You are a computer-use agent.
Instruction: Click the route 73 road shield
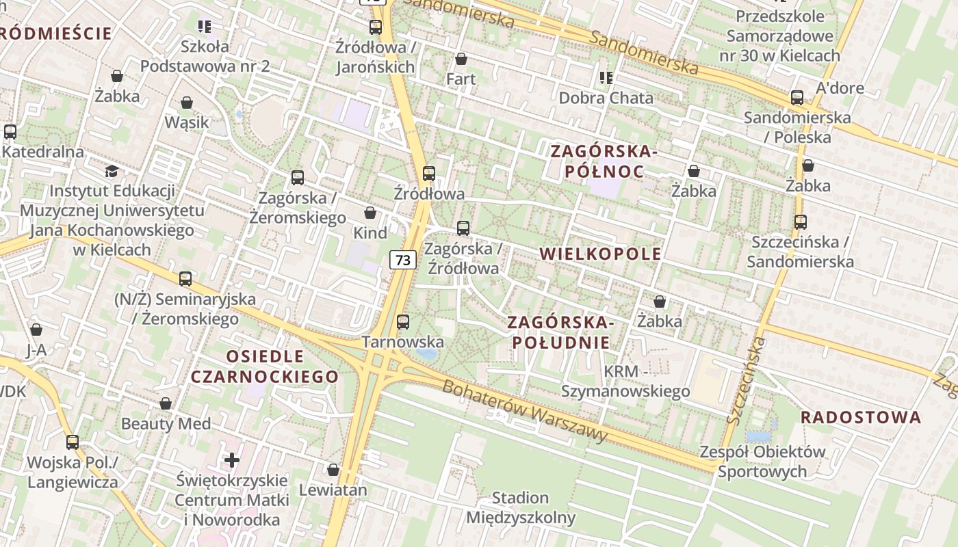[x=404, y=260]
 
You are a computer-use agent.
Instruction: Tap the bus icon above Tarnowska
[x=403, y=321]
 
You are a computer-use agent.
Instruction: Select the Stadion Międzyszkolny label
[x=521, y=507]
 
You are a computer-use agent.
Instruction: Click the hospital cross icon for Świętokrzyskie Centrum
[x=232, y=459]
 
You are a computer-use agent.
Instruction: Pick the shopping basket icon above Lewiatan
[x=333, y=470]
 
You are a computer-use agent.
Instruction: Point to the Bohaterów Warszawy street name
[x=525, y=411]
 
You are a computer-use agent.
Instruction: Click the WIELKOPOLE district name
[x=600, y=254]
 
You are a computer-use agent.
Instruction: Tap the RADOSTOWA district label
[x=861, y=417]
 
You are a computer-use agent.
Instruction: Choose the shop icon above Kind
[x=370, y=213]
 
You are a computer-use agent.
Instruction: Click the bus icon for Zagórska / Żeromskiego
[x=298, y=178]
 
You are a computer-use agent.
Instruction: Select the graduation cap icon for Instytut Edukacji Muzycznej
[x=112, y=171]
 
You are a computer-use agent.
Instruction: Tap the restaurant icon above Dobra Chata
[x=606, y=78]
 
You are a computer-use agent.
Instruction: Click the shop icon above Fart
[x=461, y=59]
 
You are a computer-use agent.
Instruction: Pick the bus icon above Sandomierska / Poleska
[x=797, y=98]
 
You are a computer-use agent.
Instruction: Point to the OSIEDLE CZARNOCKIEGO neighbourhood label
[x=264, y=366]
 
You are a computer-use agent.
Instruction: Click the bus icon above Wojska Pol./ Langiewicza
[x=73, y=442]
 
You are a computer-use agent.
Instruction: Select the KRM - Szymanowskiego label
[x=625, y=381]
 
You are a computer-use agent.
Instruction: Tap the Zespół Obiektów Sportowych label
[x=762, y=462]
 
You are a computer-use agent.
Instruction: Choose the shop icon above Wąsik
[x=187, y=103]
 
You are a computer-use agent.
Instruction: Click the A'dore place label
[x=840, y=88]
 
